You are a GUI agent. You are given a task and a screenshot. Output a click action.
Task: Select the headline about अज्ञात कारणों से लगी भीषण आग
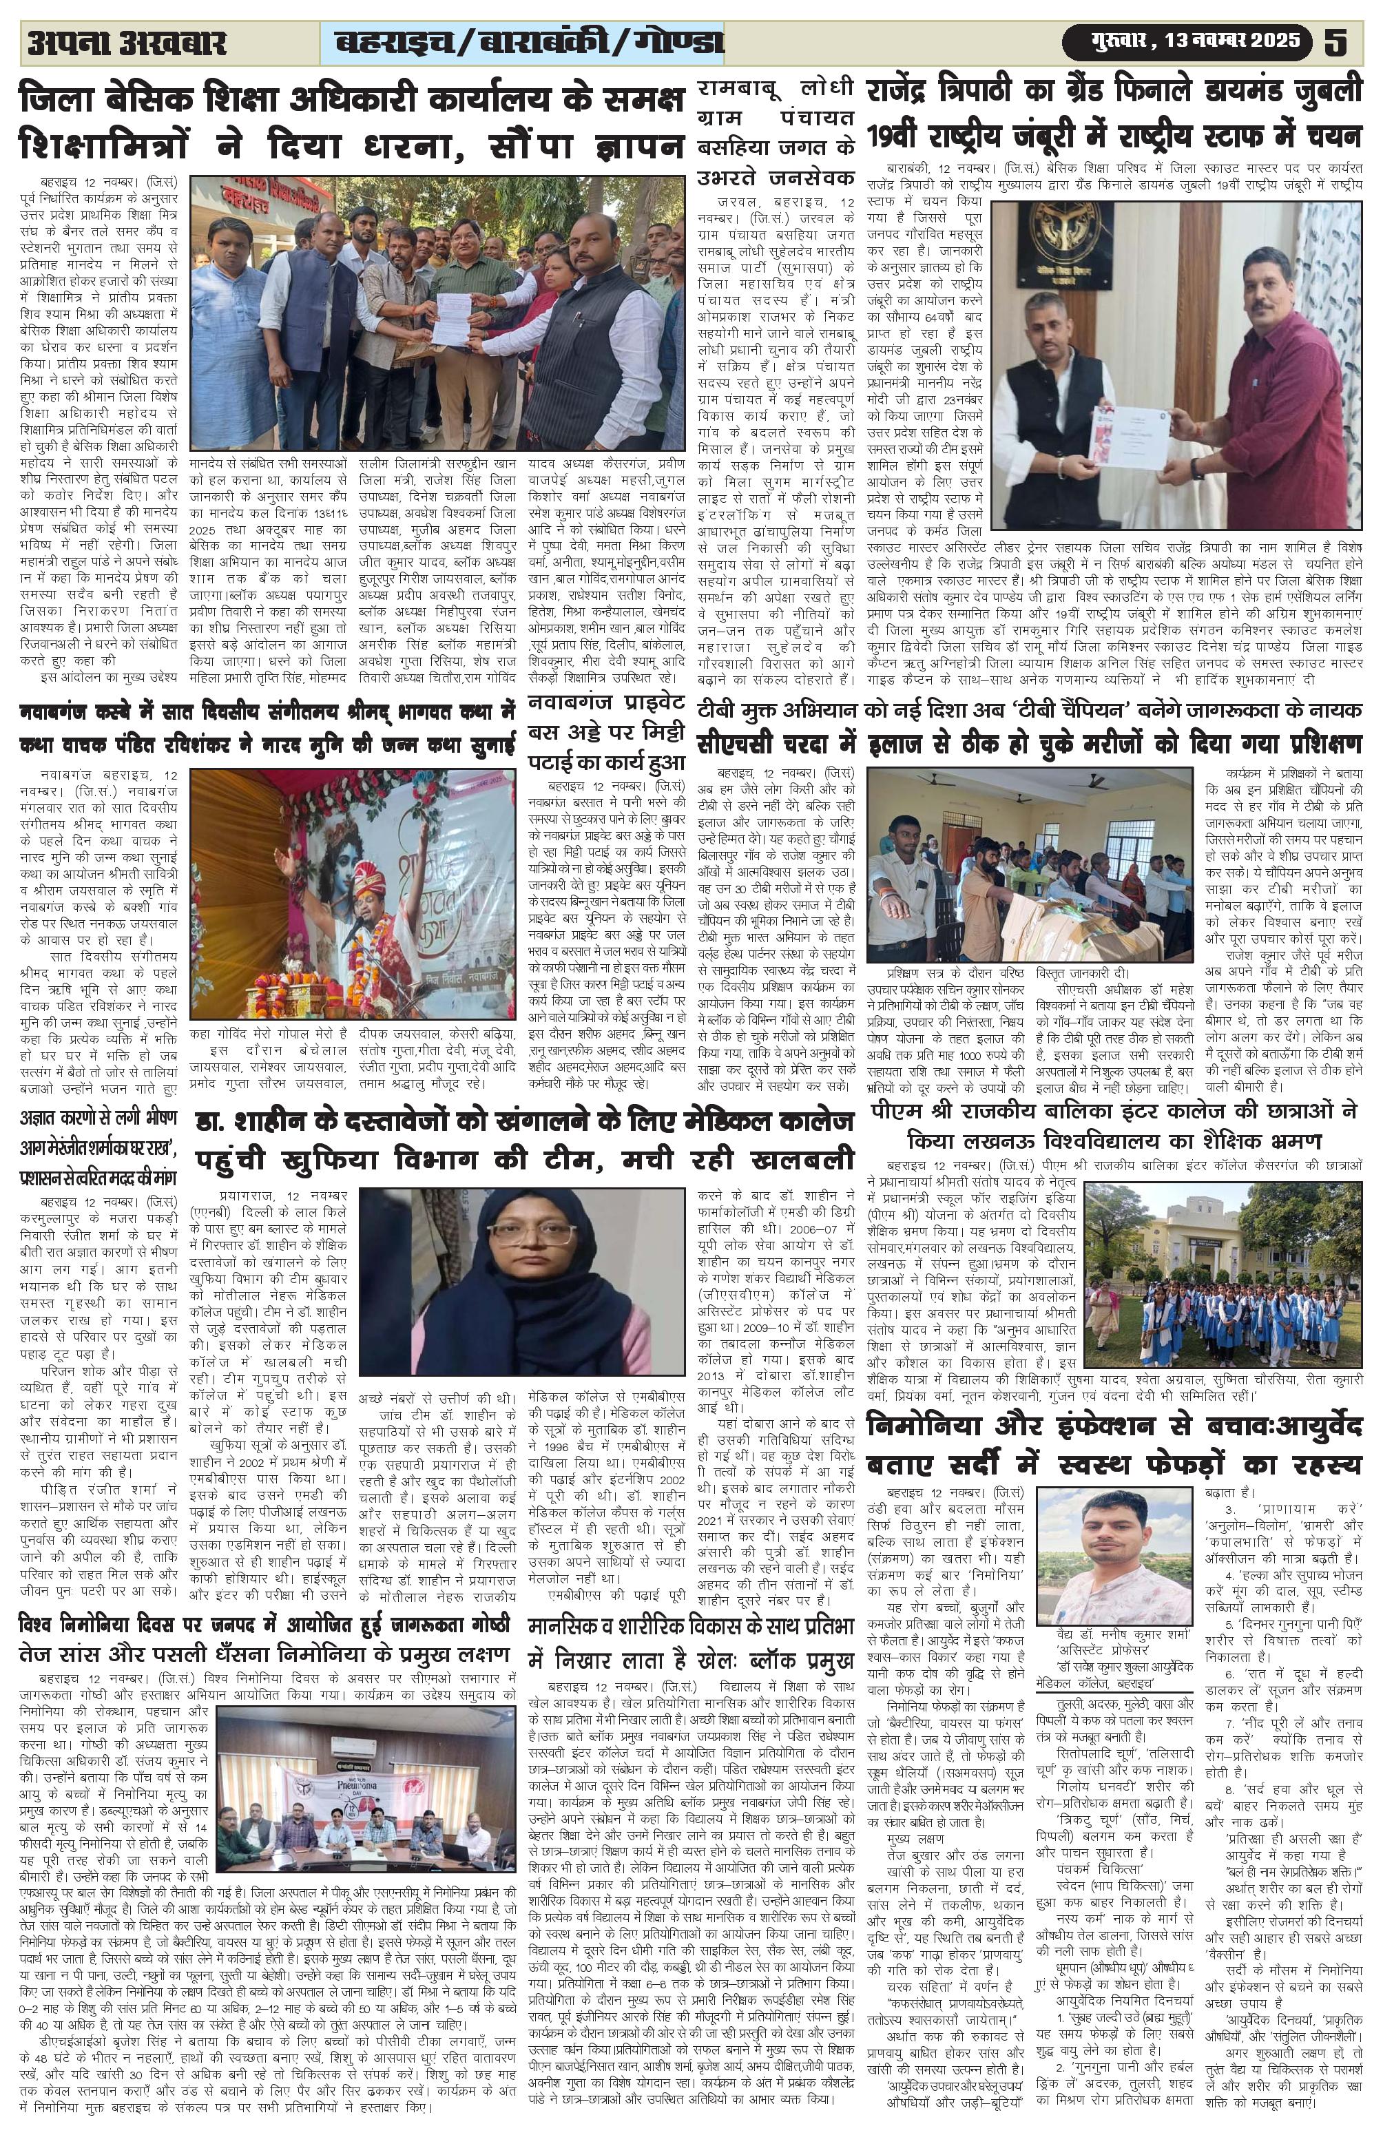[98, 1147]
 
